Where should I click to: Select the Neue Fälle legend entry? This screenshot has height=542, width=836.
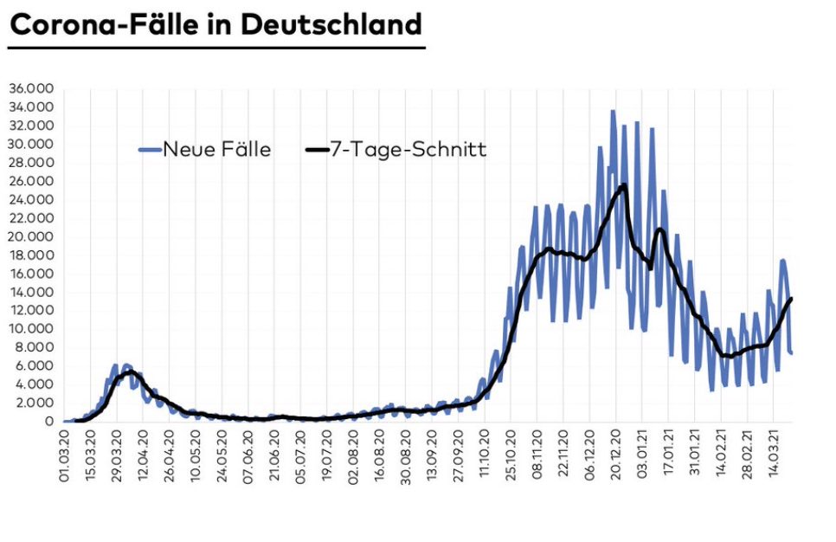point(216,150)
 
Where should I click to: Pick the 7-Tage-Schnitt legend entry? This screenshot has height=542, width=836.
point(407,150)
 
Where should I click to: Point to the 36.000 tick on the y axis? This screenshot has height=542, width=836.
point(31,89)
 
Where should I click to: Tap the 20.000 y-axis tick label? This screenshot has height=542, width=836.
point(31,236)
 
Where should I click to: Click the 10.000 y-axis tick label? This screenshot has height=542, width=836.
point(31,329)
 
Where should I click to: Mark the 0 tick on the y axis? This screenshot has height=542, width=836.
point(51,422)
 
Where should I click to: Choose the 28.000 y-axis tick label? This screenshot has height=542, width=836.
point(31,163)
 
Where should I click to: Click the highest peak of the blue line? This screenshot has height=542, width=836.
point(613,112)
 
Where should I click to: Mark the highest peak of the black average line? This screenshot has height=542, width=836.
point(624,185)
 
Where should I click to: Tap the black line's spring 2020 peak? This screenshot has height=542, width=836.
point(129,372)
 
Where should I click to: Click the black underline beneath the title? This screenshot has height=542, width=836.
point(216,48)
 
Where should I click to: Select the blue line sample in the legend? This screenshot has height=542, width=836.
point(150,150)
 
